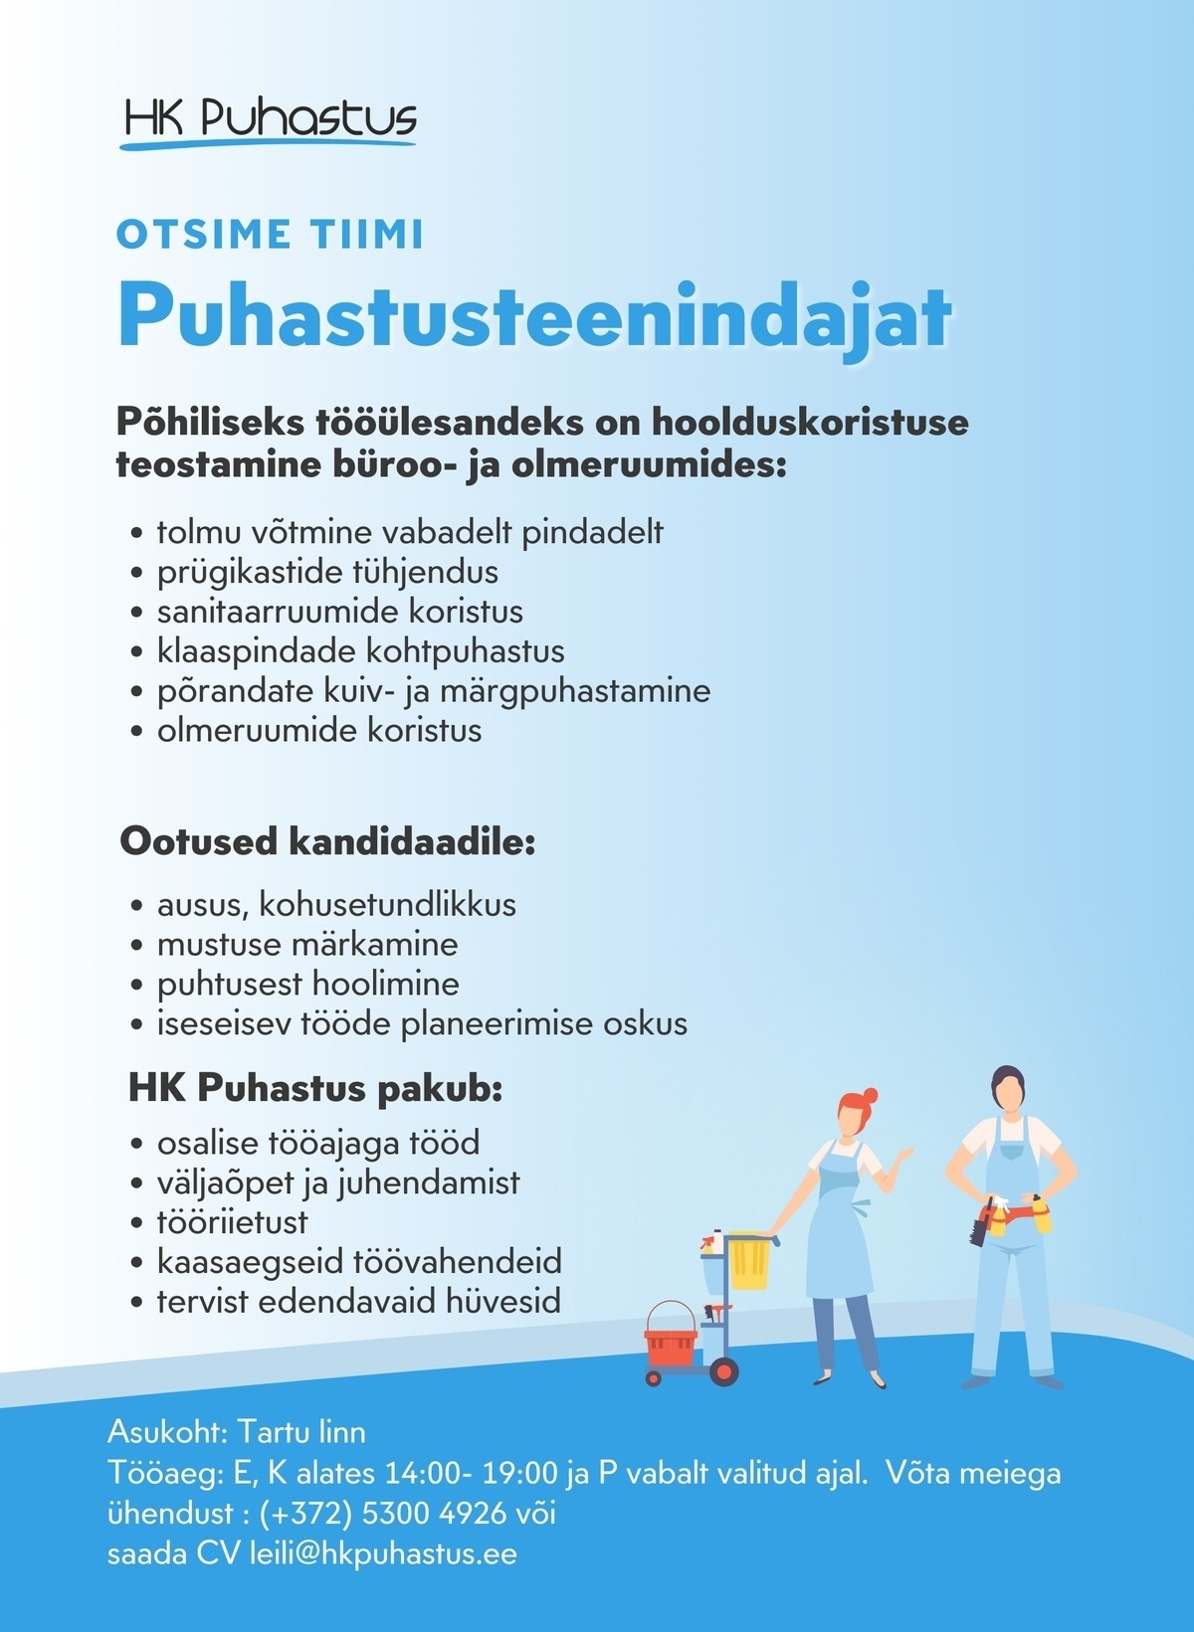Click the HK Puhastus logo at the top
coord(269,121)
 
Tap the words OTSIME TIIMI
coord(270,235)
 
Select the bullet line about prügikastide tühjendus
coord(327,572)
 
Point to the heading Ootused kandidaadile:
coord(327,841)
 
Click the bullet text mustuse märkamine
coord(307,944)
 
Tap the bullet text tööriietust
coord(232,1221)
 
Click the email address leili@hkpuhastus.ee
coord(383,1553)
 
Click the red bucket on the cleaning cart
coord(671,1335)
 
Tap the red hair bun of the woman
coord(870,1096)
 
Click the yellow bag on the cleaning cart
coord(749,1260)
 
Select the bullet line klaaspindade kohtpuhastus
coord(360,651)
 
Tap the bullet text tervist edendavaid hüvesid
coord(358,1301)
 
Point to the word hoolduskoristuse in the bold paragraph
coord(810,422)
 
